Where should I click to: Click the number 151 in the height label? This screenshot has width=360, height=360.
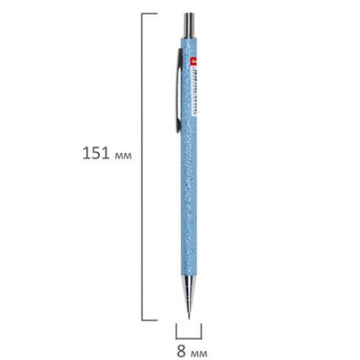pyautogui.click(x=97, y=153)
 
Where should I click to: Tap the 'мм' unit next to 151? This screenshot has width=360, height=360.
pyautogui.click(x=123, y=155)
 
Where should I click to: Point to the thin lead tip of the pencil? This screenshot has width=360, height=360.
pyautogui.click(x=189, y=316)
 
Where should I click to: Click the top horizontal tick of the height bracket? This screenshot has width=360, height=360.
pyautogui.click(x=149, y=13)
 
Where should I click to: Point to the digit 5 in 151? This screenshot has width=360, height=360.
pyautogui.click(x=97, y=153)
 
